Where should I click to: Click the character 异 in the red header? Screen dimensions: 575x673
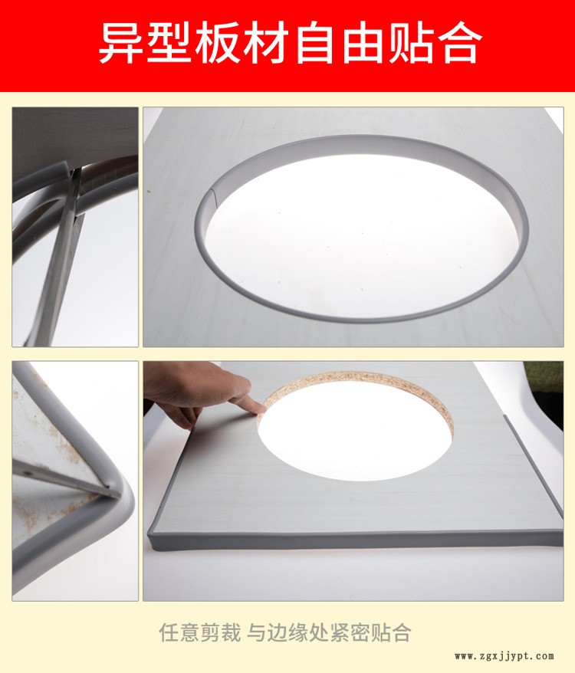point(121,42)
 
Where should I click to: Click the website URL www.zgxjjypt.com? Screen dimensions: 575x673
point(504,656)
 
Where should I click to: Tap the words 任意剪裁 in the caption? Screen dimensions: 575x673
point(199,632)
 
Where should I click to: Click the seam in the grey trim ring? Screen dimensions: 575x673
point(213,195)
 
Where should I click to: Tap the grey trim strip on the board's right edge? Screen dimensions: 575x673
point(534,466)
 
